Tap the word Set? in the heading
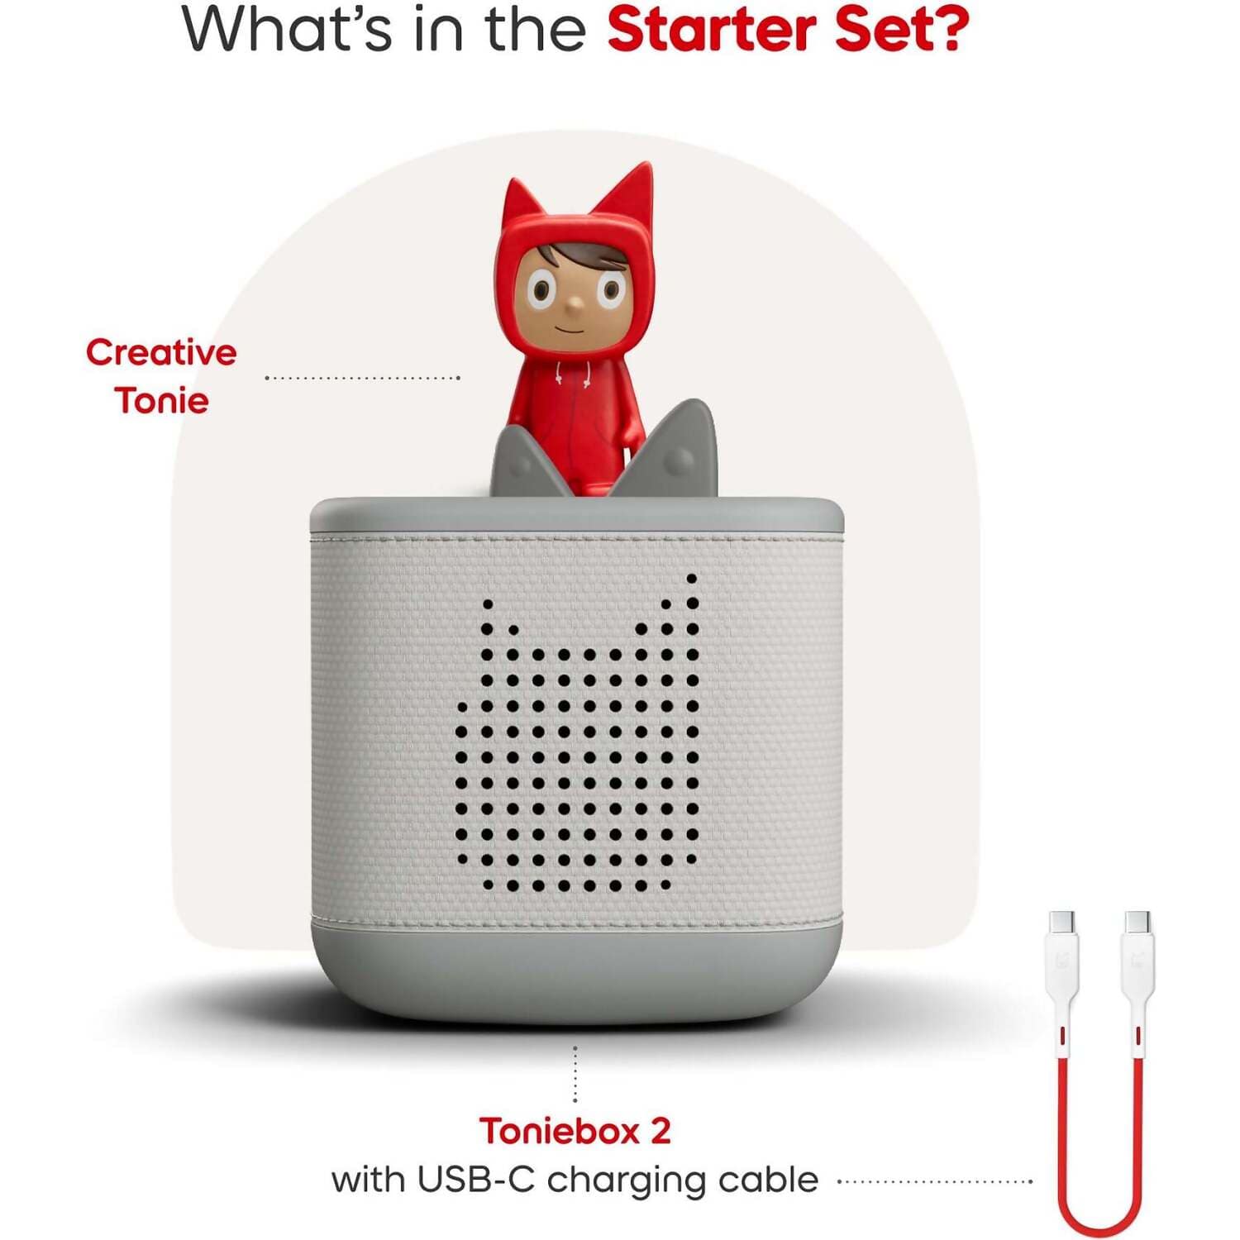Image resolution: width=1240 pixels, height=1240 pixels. pyautogui.click(x=902, y=30)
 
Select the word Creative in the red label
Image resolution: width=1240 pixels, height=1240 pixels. pyautogui.click(x=161, y=353)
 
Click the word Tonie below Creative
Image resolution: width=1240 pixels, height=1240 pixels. pyautogui.click(x=161, y=401)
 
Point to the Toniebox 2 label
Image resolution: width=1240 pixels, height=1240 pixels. pyautogui.click(x=575, y=1131)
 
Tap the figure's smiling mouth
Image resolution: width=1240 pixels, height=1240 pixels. pyautogui.click(x=570, y=329)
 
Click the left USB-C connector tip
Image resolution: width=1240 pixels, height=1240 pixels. pyautogui.click(x=1061, y=921)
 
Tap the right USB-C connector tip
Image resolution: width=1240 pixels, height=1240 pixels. pyautogui.click(x=1138, y=921)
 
